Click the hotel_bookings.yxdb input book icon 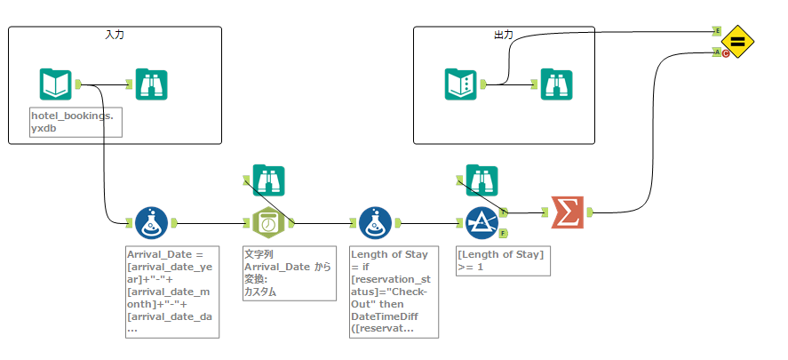click(55, 84)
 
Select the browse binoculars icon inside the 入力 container click(152, 84)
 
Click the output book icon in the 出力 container click(460, 84)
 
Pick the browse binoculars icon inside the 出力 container click(557, 84)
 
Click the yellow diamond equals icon click(737, 41)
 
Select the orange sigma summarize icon click(567, 212)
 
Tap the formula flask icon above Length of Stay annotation click(375, 223)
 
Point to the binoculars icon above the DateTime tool click(267, 180)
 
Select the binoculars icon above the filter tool click(482, 180)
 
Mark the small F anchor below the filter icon click(503, 234)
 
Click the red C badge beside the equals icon click(726, 53)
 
